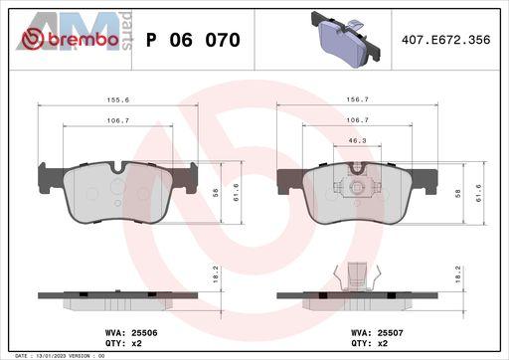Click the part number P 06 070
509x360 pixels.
tap(193, 40)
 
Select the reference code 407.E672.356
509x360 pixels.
tap(445, 40)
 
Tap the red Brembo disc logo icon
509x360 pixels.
tap(33, 39)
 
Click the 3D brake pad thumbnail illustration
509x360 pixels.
tap(346, 39)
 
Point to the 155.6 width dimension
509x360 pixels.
tap(118, 99)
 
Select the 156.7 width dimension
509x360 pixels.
tap(357, 99)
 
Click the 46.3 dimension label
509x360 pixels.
tap(357, 140)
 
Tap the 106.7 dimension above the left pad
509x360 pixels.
tap(118, 120)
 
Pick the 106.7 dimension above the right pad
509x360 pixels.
tap(357, 120)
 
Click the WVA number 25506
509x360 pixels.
tap(144, 332)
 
